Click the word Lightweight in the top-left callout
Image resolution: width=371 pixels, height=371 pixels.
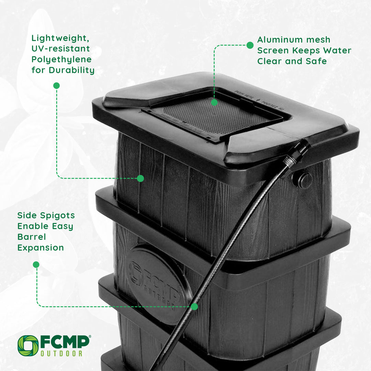click(x=57, y=38)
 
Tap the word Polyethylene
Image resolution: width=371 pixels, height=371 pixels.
click(x=61, y=59)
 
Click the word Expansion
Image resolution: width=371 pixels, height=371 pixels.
click(x=41, y=247)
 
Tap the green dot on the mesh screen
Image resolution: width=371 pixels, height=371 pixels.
click(x=214, y=102)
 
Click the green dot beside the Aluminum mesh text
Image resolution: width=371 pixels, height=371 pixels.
click(x=250, y=45)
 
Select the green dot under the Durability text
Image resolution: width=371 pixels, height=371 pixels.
click(x=57, y=86)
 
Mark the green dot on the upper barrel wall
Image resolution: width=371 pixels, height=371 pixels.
click(x=140, y=178)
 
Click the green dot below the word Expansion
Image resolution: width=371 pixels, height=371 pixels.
click(x=36, y=265)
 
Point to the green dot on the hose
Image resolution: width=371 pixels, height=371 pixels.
click(x=194, y=306)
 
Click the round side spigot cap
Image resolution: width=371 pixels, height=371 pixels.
click(x=303, y=180)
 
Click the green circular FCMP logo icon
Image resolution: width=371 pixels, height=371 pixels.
click(x=28, y=345)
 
